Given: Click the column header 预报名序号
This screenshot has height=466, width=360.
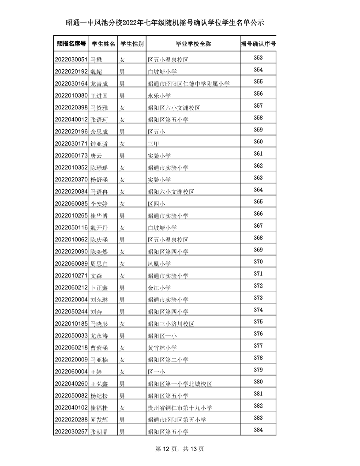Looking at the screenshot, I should [71, 44].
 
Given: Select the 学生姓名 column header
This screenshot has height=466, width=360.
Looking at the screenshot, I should [103, 44].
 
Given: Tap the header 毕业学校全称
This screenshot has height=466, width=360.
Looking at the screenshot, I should [193, 44].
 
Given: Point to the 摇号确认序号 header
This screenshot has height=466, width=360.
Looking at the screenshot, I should [258, 44].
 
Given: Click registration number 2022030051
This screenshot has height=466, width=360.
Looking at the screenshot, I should [71, 59].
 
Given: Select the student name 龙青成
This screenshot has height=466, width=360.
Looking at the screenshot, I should [99, 83].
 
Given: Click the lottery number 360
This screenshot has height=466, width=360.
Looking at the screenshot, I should [258, 142].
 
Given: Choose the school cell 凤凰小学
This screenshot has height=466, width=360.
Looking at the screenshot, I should [159, 264].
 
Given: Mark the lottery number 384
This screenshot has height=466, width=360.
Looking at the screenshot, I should [258, 430].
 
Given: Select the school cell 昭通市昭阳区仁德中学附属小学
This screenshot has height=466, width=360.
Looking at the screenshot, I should [188, 83].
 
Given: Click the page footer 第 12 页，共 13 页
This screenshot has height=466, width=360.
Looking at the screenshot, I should [180, 449].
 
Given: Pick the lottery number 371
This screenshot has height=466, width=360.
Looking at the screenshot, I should [258, 274].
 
